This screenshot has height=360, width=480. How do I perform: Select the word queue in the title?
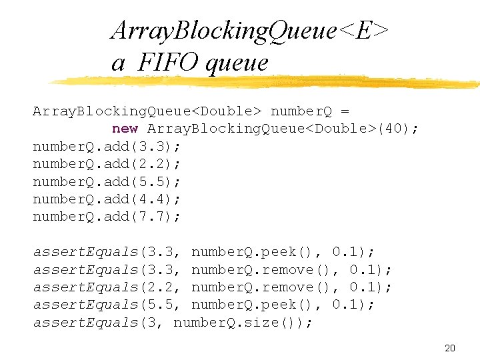[x=238, y=63]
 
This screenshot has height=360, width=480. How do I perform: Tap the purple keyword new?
[x=125, y=129]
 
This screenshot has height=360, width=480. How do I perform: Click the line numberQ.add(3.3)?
[x=107, y=147]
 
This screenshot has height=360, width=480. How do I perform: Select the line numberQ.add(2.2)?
[x=107, y=164]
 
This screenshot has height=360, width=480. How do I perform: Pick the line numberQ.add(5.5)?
[x=107, y=181]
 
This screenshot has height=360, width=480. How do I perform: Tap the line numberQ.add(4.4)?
[x=107, y=199]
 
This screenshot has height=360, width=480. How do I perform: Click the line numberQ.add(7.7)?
[x=107, y=217]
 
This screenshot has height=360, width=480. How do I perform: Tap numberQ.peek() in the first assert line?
[x=253, y=252]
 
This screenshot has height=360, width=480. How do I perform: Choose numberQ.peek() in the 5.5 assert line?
[x=253, y=305]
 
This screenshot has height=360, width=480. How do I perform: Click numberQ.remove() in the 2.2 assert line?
[x=261, y=287]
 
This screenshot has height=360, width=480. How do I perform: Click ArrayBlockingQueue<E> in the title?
[x=250, y=30]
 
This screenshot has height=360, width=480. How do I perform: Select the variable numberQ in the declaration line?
[x=301, y=111]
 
